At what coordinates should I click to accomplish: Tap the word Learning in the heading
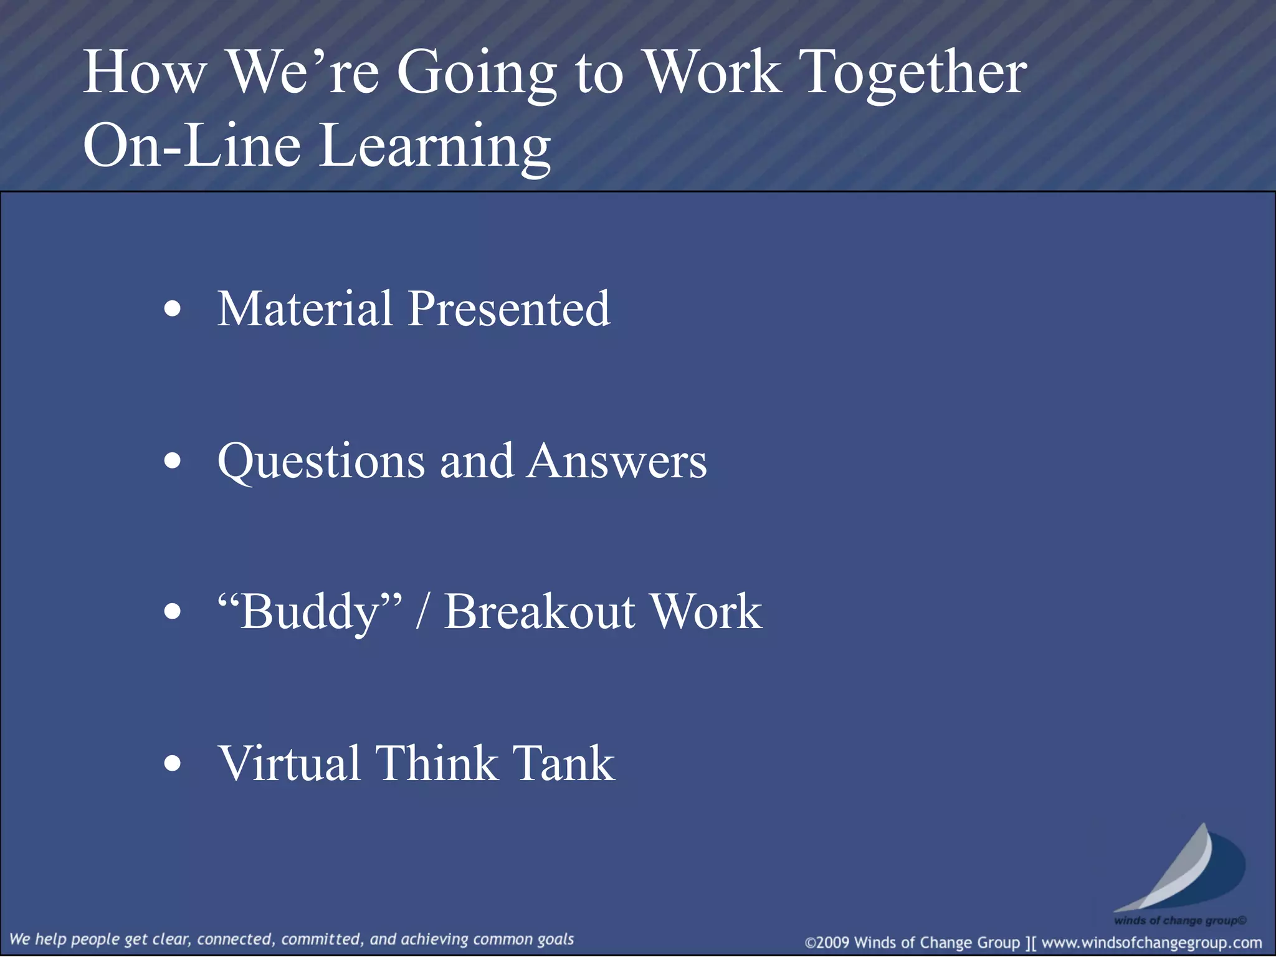pyautogui.click(x=435, y=147)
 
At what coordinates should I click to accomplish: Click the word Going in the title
pyautogui.click(x=476, y=74)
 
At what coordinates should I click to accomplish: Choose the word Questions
pyautogui.click(x=321, y=462)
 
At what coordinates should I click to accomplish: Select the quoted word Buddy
pyautogui.click(x=310, y=612)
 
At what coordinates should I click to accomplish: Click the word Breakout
pyautogui.click(x=540, y=612)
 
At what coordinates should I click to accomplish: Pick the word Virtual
pyautogui.click(x=289, y=763)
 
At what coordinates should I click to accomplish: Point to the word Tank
pyautogui.click(x=563, y=763)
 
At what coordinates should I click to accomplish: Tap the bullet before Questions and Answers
pyautogui.click(x=173, y=462)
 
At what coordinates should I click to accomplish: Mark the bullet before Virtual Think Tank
pyautogui.click(x=173, y=763)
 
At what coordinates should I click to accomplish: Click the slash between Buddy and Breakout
pyautogui.click(x=422, y=612)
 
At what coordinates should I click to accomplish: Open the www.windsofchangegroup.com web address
pyautogui.click(x=1151, y=943)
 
